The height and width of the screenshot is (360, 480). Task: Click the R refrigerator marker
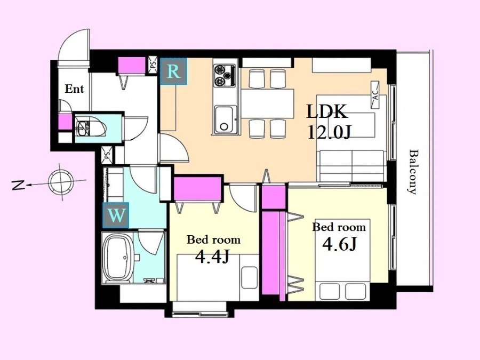[x=173, y=71]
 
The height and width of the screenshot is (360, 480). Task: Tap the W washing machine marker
[x=116, y=215]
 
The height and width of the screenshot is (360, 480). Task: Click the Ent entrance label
[x=74, y=89]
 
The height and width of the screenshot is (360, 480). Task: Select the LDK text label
[x=327, y=111]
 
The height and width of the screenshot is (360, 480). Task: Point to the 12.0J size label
[x=329, y=133]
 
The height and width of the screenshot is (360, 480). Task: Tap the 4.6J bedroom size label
[x=340, y=244]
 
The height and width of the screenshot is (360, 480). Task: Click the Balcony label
[x=413, y=172]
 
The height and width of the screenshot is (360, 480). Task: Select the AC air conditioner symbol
[x=375, y=94]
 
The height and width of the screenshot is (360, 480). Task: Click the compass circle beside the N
[x=61, y=182]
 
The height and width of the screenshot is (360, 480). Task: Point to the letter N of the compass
[x=18, y=185]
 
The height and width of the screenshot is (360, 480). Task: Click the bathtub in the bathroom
[x=118, y=258]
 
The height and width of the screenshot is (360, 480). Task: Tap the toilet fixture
[x=91, y=128]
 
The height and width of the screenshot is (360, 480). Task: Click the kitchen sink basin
[x=226, y=119]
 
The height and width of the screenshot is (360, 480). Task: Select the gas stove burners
[x=225, y=75]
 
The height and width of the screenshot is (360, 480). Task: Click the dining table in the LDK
[x=267, y=104]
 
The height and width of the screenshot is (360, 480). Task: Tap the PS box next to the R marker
[x=153, y=65]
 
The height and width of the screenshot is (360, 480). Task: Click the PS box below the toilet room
[x=107, y=155]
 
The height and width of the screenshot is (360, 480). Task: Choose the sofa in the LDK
[x=352, y=166]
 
